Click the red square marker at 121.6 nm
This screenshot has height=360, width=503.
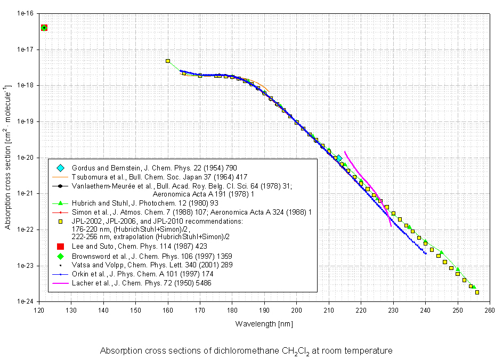44,28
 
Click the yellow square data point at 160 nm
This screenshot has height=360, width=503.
168,61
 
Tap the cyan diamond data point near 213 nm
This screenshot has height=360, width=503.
339,159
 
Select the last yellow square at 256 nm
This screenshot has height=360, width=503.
477,292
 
